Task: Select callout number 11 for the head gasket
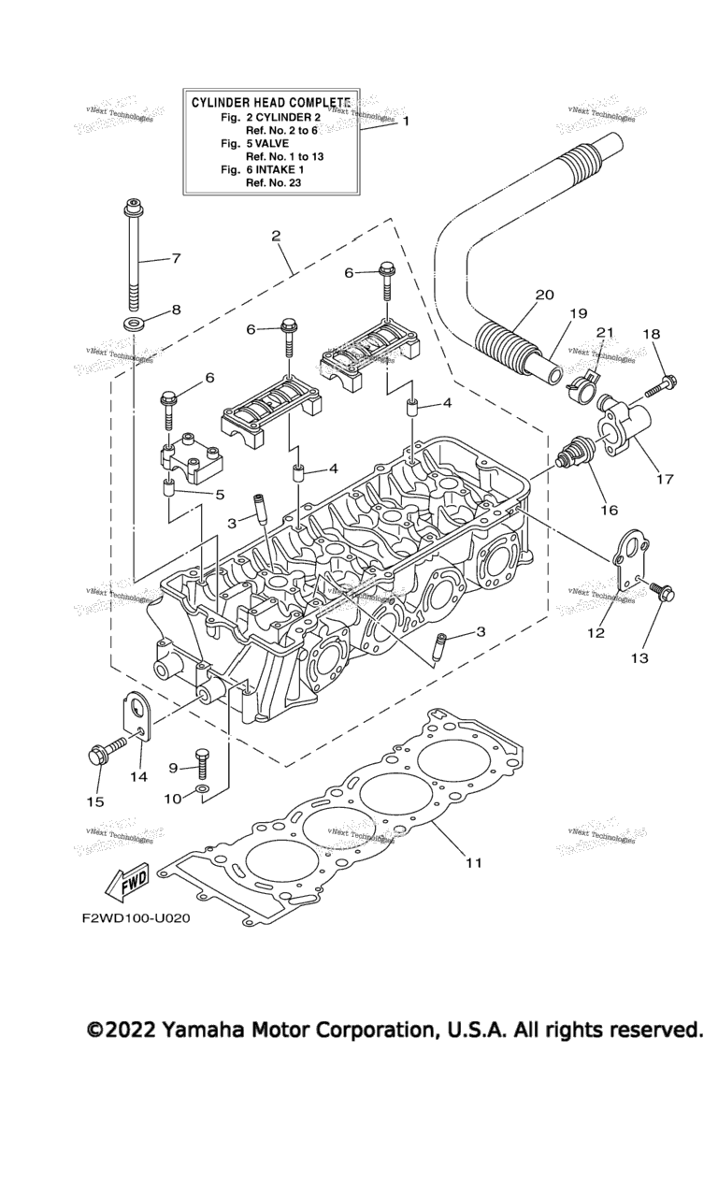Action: (x=474, y=862)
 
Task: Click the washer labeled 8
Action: (x=134, y=324)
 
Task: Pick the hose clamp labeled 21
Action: (x=583, y=378)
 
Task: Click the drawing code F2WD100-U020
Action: (x=136, y=918)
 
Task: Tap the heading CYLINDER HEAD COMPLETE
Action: (x=271, y=102)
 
